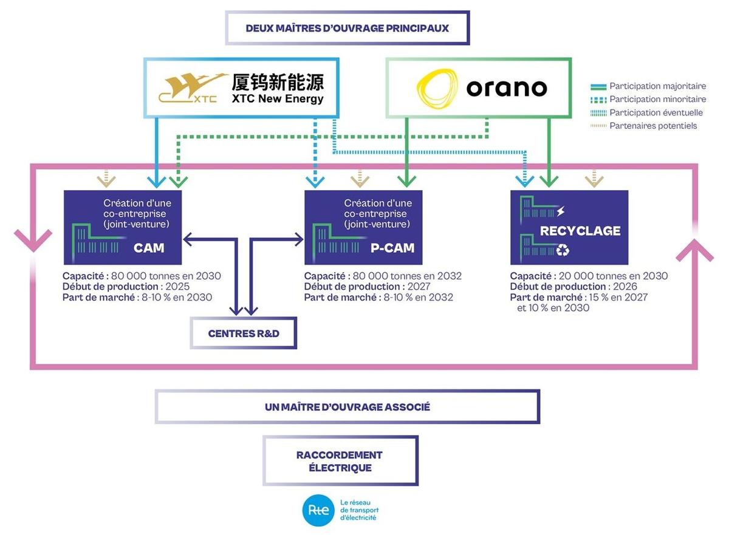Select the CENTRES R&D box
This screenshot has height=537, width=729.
[244, 333]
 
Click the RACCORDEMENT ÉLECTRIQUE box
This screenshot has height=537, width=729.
[340, 461]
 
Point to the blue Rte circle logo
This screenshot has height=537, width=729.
[318, 510]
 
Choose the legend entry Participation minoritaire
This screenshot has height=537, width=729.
[657, 99]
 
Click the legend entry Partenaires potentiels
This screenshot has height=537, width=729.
[653, 126]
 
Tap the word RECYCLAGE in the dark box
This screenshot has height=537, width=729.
[580, 231]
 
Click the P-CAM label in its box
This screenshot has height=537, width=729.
[392, 248]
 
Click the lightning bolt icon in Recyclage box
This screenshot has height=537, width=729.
[560, 211]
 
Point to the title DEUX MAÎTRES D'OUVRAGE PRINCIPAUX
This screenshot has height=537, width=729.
[347, 28]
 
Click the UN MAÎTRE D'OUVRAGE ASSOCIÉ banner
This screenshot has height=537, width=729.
[347, 407]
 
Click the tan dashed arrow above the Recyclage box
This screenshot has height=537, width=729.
[594, 178]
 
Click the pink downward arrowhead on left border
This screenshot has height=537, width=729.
[32, 241]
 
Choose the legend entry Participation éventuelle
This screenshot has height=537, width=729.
[656, 112]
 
